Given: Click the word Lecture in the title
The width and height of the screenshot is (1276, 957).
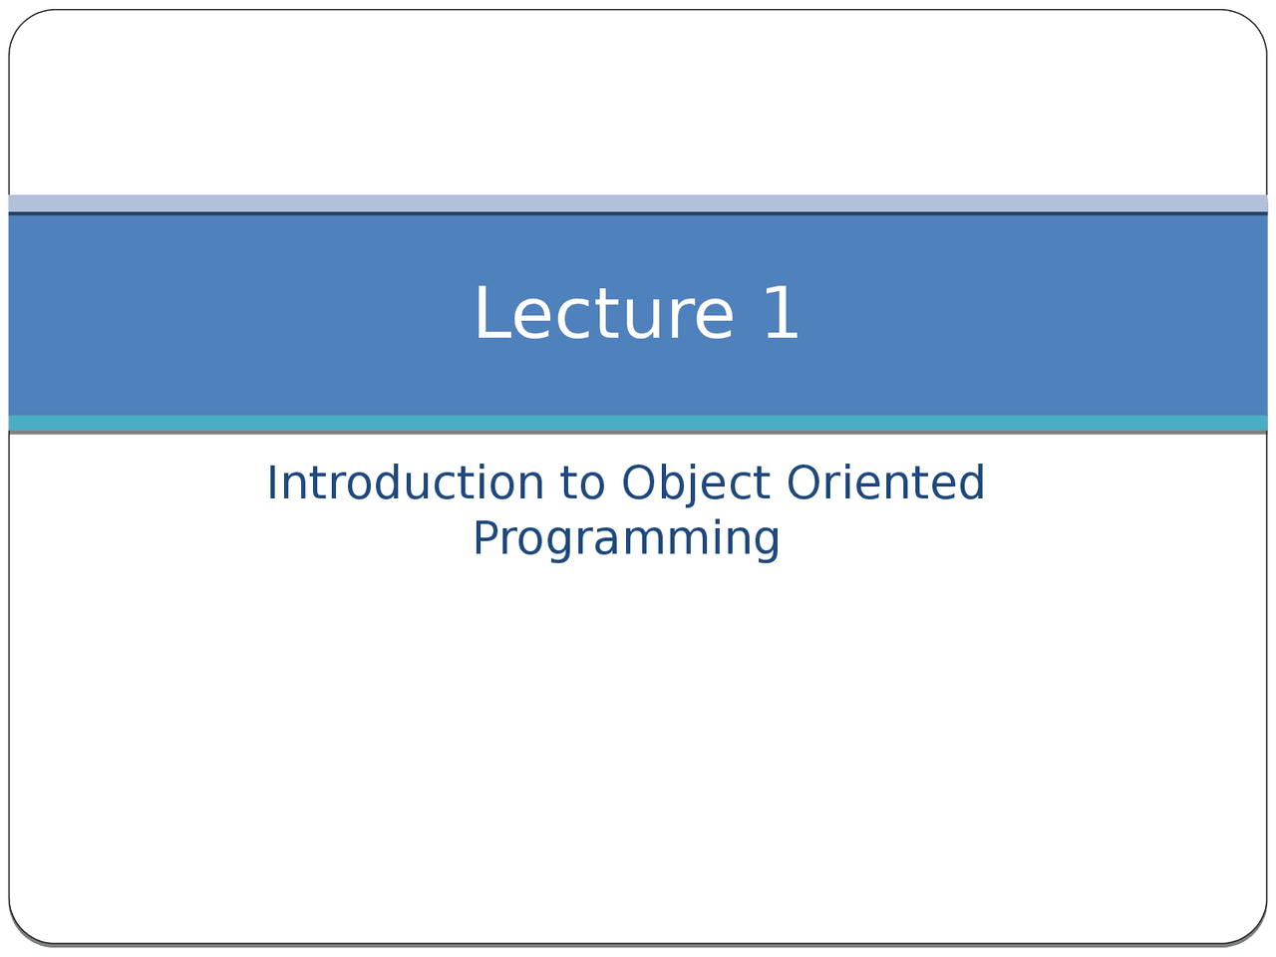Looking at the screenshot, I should tap(604, 314).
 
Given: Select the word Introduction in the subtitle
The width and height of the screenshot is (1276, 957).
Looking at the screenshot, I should tap(405, 483).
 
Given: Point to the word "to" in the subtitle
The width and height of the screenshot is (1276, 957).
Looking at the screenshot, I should tap(582, 483).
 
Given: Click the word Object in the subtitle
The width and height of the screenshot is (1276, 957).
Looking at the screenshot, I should tap(696, 483).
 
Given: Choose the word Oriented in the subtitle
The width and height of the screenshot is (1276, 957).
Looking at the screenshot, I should tap(885, 483).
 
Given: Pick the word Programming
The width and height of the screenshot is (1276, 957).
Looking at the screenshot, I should tap(626, 538).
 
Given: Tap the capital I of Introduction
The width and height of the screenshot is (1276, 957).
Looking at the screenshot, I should tap(272, 483).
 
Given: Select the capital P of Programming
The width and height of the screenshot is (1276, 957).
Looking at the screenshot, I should tap(483, 538).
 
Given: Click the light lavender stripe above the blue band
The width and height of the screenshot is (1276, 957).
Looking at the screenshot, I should tap(638, 202).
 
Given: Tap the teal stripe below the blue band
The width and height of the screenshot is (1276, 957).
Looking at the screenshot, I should tap(638, 423).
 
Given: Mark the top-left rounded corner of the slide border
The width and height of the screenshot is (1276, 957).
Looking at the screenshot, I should tap(22, 23).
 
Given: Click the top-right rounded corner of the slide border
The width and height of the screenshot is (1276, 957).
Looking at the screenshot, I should tap(1254, 23).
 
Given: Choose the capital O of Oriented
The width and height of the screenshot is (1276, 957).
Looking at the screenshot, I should tap(801, 483).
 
